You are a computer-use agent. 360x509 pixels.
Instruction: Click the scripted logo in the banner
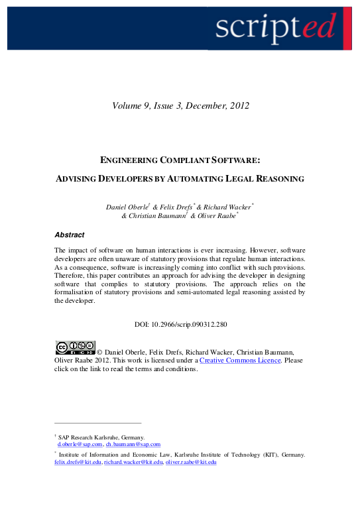click(x=275, y=27)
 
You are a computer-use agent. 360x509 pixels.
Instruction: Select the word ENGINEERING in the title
click(x=130, y=160)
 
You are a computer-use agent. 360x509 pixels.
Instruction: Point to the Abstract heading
click(x=69, y=235)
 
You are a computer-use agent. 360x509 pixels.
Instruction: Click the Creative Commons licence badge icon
click(x=74, y=347)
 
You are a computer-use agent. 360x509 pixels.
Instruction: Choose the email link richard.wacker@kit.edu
click(x=132, y=462)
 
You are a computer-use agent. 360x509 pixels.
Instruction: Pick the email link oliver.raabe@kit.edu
click(x=192, y=462)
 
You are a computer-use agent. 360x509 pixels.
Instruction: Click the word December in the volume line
click(x=202, y=105)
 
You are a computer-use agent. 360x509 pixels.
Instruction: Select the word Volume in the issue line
click(x=127, y=105)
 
